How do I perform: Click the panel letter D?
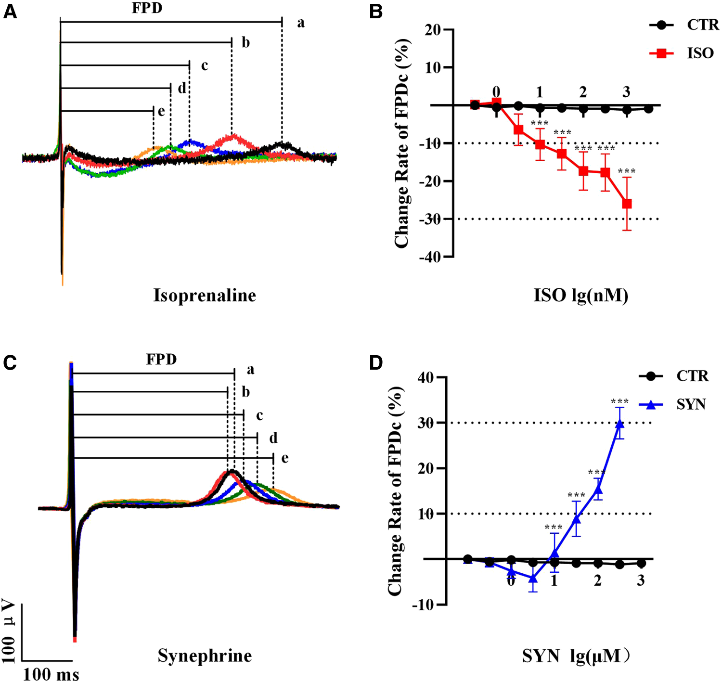[x=376, y=363]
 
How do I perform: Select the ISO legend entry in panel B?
[x=700, y=53]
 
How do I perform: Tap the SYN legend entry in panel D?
[x=691, y=404]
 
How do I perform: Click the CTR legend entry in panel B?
[x=702, y=25]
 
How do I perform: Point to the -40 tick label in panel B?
[x=429, y=257]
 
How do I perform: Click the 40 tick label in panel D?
[x=425, y=377]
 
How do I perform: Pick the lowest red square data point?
[x=627, y=204]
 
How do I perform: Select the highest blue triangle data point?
[x=619, y=424]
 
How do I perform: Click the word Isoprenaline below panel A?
[x=205, y=295]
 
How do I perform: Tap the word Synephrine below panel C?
[x=205, y=656]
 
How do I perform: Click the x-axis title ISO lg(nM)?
[x=581, y=295]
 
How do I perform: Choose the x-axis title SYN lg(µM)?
[x=576, y=656]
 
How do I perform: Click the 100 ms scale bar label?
[x=51, y=674]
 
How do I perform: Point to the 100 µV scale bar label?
[x=9, y=631]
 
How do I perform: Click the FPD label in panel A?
[x=147, y=8]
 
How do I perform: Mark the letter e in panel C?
[x=285, y=458]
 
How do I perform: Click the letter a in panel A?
[x=301, y=23]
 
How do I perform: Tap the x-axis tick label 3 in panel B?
[x=626, y=91]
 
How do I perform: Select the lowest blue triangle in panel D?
[x=533, y=578]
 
